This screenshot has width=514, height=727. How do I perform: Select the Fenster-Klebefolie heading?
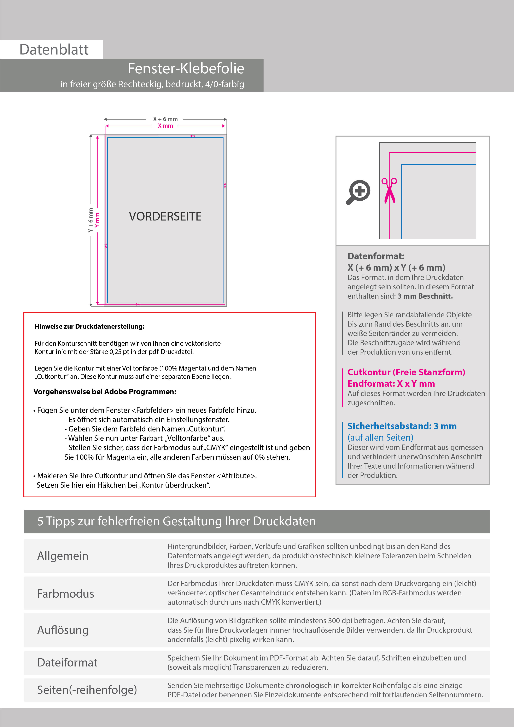pyautogui.click(x=186, y=68)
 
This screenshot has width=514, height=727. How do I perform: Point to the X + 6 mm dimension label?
pyautogui.click(x=165, y=119)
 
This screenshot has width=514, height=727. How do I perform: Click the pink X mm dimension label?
pyautogui.click(x=165, y=126)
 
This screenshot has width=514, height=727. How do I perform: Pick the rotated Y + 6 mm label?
pyautogui.click(x=90, y=220)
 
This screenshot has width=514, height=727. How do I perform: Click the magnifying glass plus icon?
pyautogui.click(x=358, y=192)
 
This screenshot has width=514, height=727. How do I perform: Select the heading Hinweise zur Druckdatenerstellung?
pyautogui.click(x=89, y=326)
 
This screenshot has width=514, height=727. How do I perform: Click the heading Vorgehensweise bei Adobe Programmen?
pyautogui.click(x=105, y=392)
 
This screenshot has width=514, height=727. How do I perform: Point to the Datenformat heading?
pyautogui.click(x=376, y=256)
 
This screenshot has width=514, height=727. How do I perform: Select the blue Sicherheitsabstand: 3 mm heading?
pyautogui.click(x=402, y=426)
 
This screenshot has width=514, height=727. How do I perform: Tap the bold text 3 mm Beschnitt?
pyautogui.click(x=425, y=296)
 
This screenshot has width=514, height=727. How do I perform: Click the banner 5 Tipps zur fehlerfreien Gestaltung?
pyautogui.click(x=176, y=521)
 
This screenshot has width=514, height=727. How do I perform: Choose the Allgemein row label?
pyautogui.click(x=63, y=556)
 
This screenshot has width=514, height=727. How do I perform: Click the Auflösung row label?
pyautogui.click(x=63, y=630)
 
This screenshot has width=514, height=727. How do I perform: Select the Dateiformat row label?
pyautogui.click(x=67, y=662)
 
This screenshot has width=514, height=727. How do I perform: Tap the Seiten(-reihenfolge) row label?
pyautogui.click(x=87, y=690)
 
